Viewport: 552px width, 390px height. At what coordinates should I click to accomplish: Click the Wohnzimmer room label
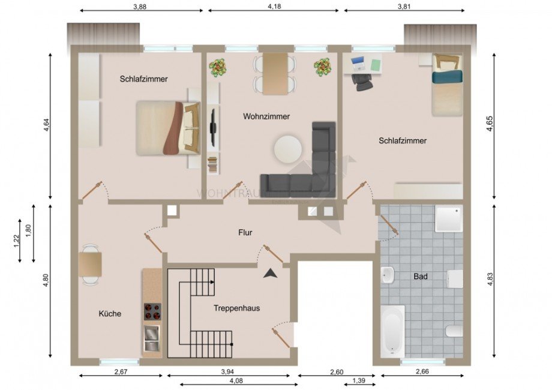click(266, 116)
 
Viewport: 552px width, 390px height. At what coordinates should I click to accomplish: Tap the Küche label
click(110, 313)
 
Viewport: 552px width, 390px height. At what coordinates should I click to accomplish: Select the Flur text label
click(244, 232)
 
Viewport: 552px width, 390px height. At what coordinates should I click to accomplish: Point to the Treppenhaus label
click(236, 308)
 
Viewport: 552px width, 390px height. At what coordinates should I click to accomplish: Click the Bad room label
click(421, 277)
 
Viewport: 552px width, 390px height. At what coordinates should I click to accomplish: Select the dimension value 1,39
click(359, 381)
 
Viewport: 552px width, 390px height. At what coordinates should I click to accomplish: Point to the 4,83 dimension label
click(489, 280)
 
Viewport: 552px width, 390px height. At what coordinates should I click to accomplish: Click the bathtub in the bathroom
click(392, 330)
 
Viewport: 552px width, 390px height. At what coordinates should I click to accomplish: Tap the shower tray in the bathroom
click(449, 219)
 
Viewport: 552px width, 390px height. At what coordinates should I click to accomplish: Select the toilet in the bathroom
click(454, 331)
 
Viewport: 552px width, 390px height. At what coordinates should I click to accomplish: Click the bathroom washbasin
click(388, 276)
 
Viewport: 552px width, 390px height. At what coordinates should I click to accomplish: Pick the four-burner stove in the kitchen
click(152, 311)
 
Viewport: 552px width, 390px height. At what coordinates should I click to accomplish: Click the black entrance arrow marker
click(271, 273)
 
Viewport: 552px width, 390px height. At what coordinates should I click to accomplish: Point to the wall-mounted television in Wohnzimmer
click(212, 128)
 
